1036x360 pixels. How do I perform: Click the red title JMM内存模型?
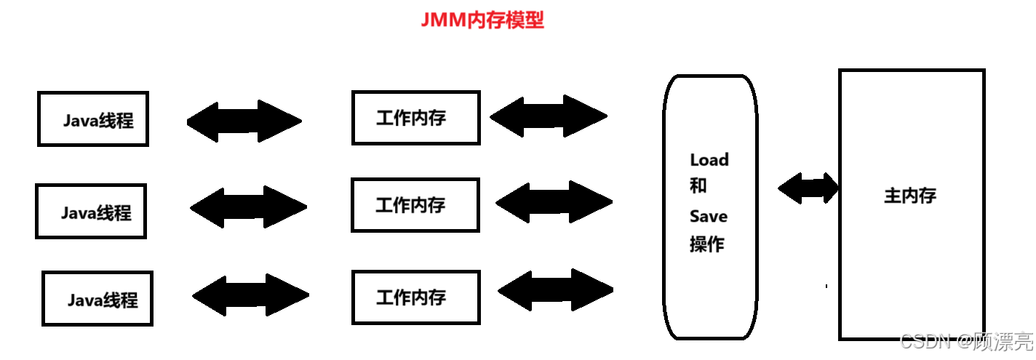(x=482, y=20)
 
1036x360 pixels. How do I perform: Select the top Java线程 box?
(x=93, y=119)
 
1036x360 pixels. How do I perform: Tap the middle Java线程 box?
(x=91, y=211)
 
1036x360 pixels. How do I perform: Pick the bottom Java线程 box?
(x=97, y=298)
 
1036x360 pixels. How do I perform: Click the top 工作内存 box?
(x=415, y=117)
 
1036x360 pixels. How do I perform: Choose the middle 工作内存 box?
(x=415, y=204)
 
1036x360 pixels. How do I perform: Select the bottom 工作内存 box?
(x=415, y=297)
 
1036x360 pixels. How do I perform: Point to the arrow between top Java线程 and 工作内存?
(x=244, y=121)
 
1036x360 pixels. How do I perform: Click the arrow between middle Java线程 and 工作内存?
(x=248, y=207)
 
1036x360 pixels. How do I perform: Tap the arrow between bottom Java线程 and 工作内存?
(x=251, y=295)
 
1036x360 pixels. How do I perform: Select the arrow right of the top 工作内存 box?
(x=549, y=116)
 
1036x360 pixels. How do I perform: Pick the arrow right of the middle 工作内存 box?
(x=554, y=201)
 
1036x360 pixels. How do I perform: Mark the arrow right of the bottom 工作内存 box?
(x=556, y=290)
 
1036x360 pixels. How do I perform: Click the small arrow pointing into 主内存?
(x=808, y=188)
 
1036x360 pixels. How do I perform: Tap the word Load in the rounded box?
(x=709, y=159)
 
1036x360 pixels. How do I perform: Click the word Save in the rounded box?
(x=709, y=216)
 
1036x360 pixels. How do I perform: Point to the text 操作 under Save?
(x=707, y=244)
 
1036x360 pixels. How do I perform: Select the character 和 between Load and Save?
(x=698, y=185)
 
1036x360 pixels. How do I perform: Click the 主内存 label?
(x=910, y=196)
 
